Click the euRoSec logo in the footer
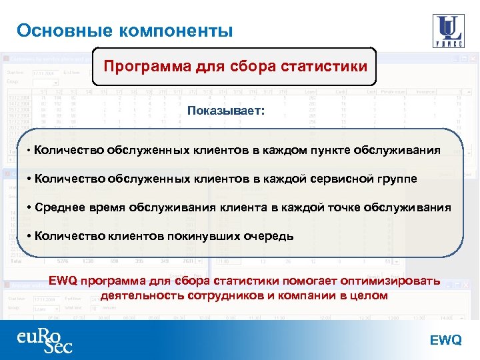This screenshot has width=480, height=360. (45, 339)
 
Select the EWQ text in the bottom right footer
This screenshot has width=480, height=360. (445, 340)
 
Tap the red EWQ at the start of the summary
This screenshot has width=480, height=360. (64, 281)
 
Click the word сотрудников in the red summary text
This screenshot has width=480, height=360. (207, 295)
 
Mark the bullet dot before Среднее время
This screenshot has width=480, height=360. (30, 207)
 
